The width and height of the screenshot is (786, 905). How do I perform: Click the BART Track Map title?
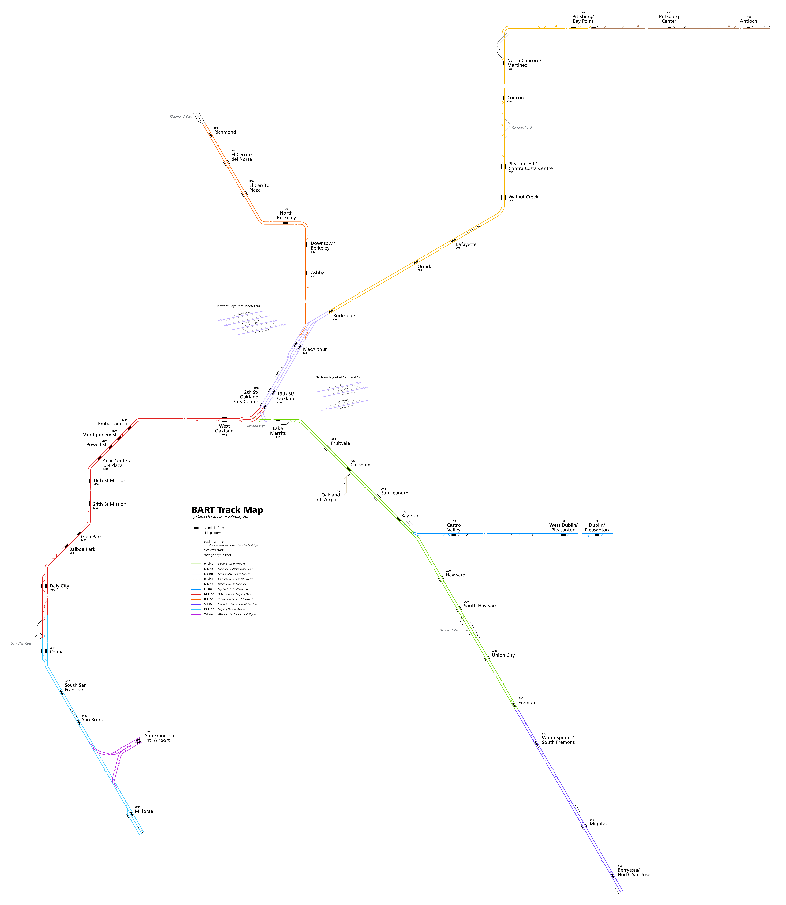[227, 510]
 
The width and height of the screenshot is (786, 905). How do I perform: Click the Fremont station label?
[527, 702]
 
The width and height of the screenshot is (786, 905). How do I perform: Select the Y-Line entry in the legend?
[208, 614]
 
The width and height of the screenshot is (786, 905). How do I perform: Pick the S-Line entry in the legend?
[208, 604]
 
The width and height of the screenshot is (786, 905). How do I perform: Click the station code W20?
[68, 681]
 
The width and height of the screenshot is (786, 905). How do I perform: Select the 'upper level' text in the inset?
[342, 389]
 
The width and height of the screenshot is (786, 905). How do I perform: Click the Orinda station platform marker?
[416, 262]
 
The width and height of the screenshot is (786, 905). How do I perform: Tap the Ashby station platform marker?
[307, 273]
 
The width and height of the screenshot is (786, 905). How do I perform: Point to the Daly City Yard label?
[21, 644]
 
